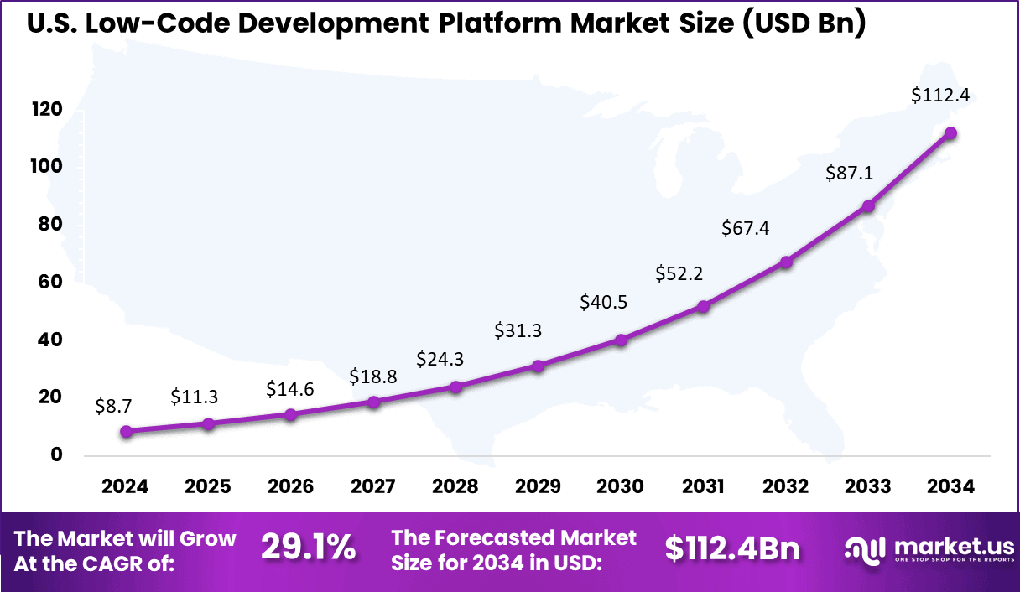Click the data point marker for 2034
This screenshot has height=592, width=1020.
pos(950,133)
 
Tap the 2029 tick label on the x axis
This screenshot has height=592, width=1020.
pos(539,486)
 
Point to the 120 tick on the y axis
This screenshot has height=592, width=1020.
pos(47,110)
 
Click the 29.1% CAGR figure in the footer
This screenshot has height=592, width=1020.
pos(308,548)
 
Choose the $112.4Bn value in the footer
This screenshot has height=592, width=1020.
pos(732,548)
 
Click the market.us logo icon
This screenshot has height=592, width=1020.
pos(864,548)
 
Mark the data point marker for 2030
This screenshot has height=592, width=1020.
pos(621,340)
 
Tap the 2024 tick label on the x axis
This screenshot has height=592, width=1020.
pos(125,486)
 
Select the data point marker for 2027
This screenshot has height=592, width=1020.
pos(373,402)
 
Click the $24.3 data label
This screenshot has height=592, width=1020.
pos(440,359)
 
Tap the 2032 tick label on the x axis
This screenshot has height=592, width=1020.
pos(786,486)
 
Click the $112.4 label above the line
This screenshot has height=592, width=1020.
pos(940,95)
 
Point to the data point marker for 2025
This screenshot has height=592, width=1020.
pos(208,423)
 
